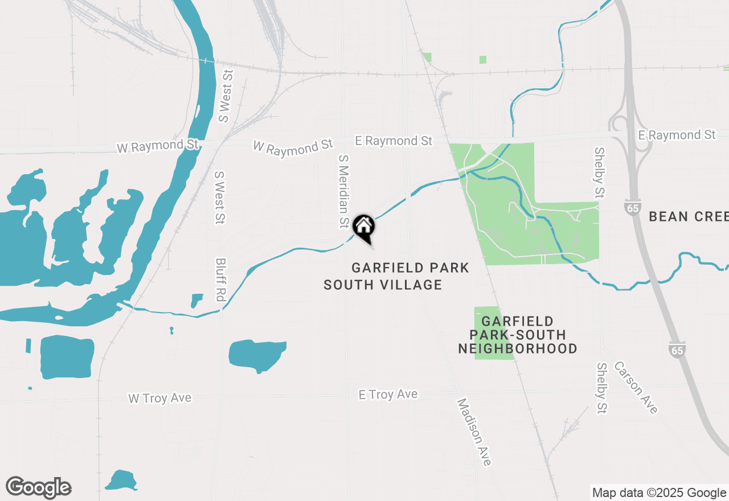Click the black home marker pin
tap(363, 227)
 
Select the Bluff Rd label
tap(220, 280)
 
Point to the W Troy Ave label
tap(159, 398)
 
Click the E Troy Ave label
tap(388, 394)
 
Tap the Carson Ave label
tap(636, 388)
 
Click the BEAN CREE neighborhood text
tap(689, 216)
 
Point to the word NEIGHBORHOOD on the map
tap(518, 348)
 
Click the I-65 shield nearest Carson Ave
tap(677, 350)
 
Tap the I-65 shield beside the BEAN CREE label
tap(632, 207)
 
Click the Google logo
tap(39, 488)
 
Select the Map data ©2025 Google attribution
tap(659, 493)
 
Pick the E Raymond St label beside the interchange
tap(677, 135)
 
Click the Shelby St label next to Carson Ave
tap(601, 388)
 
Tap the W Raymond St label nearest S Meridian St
tap(293, 146)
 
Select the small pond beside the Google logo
tap(121, 480)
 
